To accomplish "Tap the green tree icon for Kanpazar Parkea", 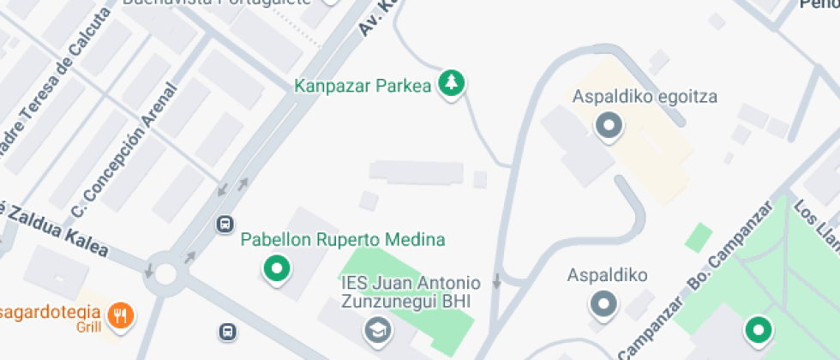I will point(451,83).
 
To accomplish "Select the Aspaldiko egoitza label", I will point(645,96).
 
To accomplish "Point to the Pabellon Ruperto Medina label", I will point(343,240).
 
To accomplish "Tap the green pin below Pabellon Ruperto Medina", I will point(276,268).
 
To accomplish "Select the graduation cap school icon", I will point(375,329).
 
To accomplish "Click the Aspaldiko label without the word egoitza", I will point(607,276).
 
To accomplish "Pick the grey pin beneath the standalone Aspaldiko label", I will point(605,303).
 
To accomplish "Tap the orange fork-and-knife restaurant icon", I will point(122,315).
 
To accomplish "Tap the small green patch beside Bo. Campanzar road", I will point(699,237).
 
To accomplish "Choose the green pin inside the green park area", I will point(757,328).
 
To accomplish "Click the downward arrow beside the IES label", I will point(496,281).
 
